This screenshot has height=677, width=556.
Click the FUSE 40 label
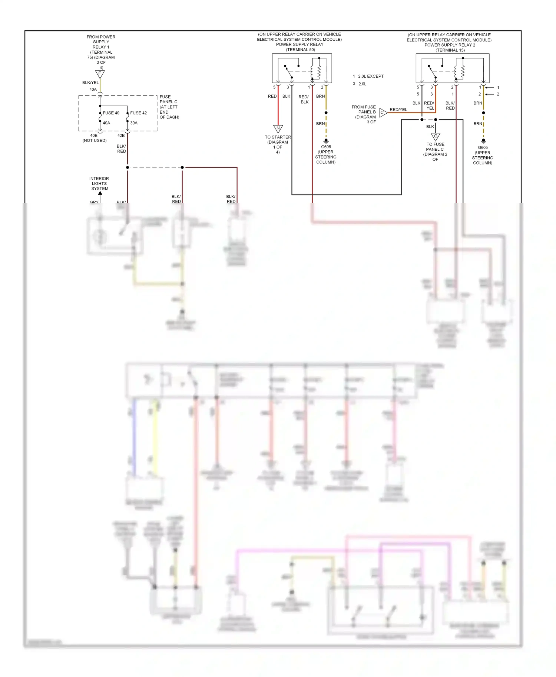(x=111, y=113)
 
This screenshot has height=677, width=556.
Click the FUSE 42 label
(x=138, y=113)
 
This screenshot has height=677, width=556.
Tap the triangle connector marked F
(x=100, y=74)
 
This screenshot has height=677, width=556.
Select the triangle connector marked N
(x=278, y=129)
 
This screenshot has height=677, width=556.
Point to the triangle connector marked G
(x=436, y=137)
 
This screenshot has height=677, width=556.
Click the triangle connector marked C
(x=383, y=112)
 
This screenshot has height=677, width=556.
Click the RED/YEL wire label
(x=398, y=110)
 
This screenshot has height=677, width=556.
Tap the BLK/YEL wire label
(x=90, y=83)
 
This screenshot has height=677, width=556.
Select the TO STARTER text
(x=278, y=137)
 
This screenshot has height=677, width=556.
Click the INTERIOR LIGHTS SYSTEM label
(x=99, y=184)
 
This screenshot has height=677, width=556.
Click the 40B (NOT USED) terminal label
(x=95, y=138)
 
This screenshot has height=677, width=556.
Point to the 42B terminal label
(x=121, y=136)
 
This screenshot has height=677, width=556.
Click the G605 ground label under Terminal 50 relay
(x=326, y=147)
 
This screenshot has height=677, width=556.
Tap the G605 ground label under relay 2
(x=483, y=148)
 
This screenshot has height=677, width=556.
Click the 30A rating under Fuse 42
(x=133, y=123)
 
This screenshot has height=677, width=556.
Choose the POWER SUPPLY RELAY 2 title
(x=449, y=45)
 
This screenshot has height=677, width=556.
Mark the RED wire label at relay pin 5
(x=272, y=96)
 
